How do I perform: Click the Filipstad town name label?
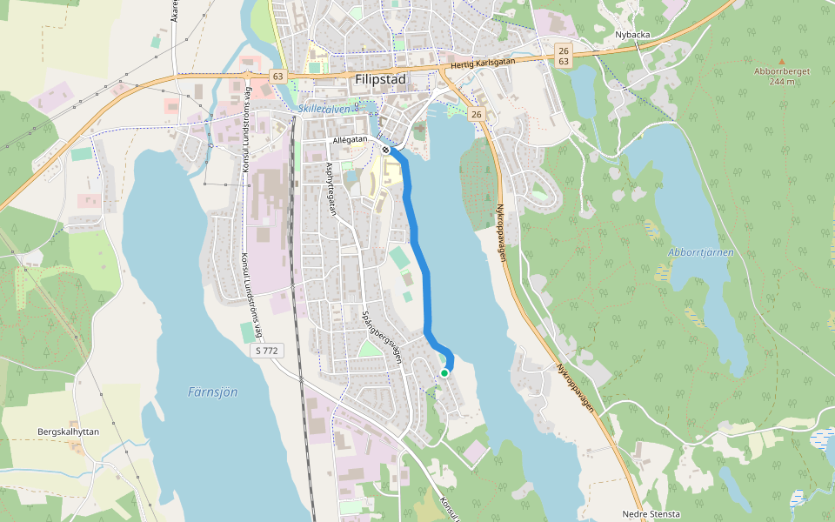380,78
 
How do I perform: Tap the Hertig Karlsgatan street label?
484,64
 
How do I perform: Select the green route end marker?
444,372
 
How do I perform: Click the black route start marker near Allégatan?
385,150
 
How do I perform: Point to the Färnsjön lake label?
212,392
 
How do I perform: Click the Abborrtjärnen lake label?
701,252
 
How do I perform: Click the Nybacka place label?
632,35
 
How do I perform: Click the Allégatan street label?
350,140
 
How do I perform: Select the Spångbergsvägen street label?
382,336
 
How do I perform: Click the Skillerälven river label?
328,109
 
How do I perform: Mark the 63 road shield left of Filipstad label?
277,77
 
